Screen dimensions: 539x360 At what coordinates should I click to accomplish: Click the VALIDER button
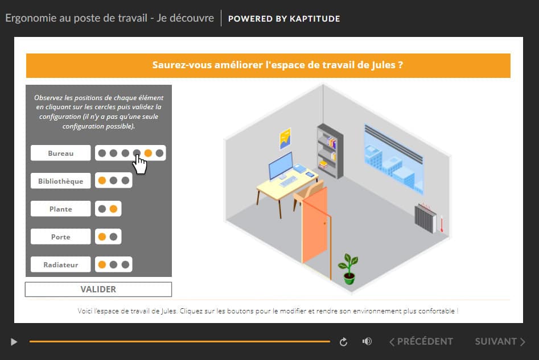pyautogui.click(x=98, y=289)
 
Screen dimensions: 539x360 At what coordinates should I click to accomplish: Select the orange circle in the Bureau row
pyautogui.click(x=148, y=153)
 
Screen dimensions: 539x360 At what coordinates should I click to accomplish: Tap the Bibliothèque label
pyautogui.click(x=60, y=181)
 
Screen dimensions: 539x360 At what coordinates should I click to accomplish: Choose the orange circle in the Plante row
pyautogui.click(x=113, y=209)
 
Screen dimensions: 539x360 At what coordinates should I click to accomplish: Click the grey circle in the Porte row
pyautogui.click(x=113, y=237)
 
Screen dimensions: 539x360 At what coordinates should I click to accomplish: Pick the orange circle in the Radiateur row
pyautogui.click(x=102, y=264)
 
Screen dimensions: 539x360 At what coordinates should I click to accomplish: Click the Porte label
pyautogui.click(x=60, y=237)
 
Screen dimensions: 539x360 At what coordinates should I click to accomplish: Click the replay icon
pyautogui.click(x=343, y=342)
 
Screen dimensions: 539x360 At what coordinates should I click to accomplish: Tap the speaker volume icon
pyautogui.click(x=367, y=341)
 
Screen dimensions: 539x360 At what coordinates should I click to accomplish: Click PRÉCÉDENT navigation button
pyautogui.click(x=421, y=341)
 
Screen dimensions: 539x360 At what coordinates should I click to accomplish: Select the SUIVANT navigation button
pyautogui.click(x=500, y=341)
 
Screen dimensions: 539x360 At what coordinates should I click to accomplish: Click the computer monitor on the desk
pyautogui.click(x=281, y=165)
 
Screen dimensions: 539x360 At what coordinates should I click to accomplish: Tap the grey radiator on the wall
pyautogui.click(x=425, y=218)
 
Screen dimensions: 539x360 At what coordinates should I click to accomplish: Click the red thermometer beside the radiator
pyautogui.click(x=442, y=224)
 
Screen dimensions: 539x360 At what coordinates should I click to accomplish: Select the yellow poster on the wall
pyautogui.click(x=285, y=138)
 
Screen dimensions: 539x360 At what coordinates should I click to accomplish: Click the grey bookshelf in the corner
pyautogui.click(x=330, y=151)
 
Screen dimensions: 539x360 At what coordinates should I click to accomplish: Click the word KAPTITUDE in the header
pyautogui.click(x=315, y=19)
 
